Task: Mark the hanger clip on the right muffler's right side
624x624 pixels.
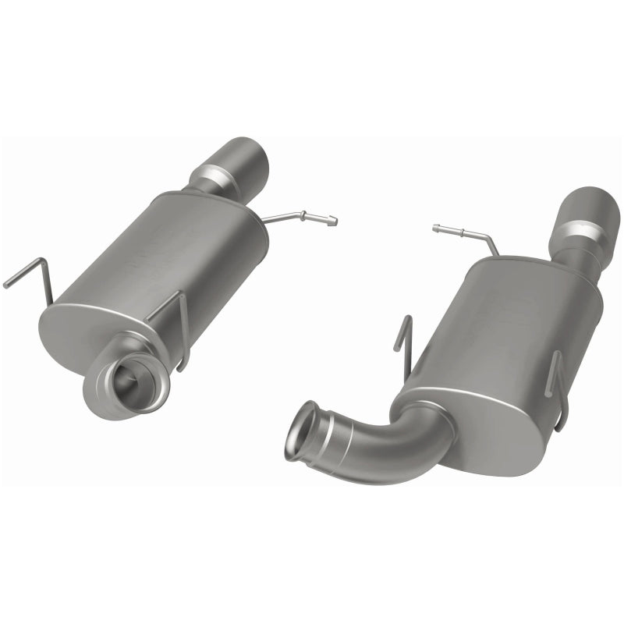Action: coord(557,390)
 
